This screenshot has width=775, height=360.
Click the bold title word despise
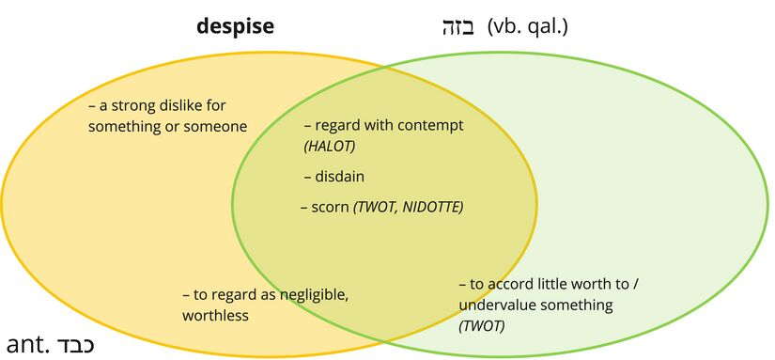[x=235, y=26]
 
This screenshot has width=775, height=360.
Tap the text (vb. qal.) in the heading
[x=528, y=26]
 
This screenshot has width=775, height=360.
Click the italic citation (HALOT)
[x=330, y=147]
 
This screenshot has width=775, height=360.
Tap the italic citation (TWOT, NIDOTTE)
[x=408, y=206]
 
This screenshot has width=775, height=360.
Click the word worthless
[x=215, y=316]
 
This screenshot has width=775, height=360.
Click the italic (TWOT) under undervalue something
[x=481, y=326]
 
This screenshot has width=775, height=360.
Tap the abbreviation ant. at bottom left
[x=27, y=344]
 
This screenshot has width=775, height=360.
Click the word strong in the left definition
[x=136, y=105]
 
